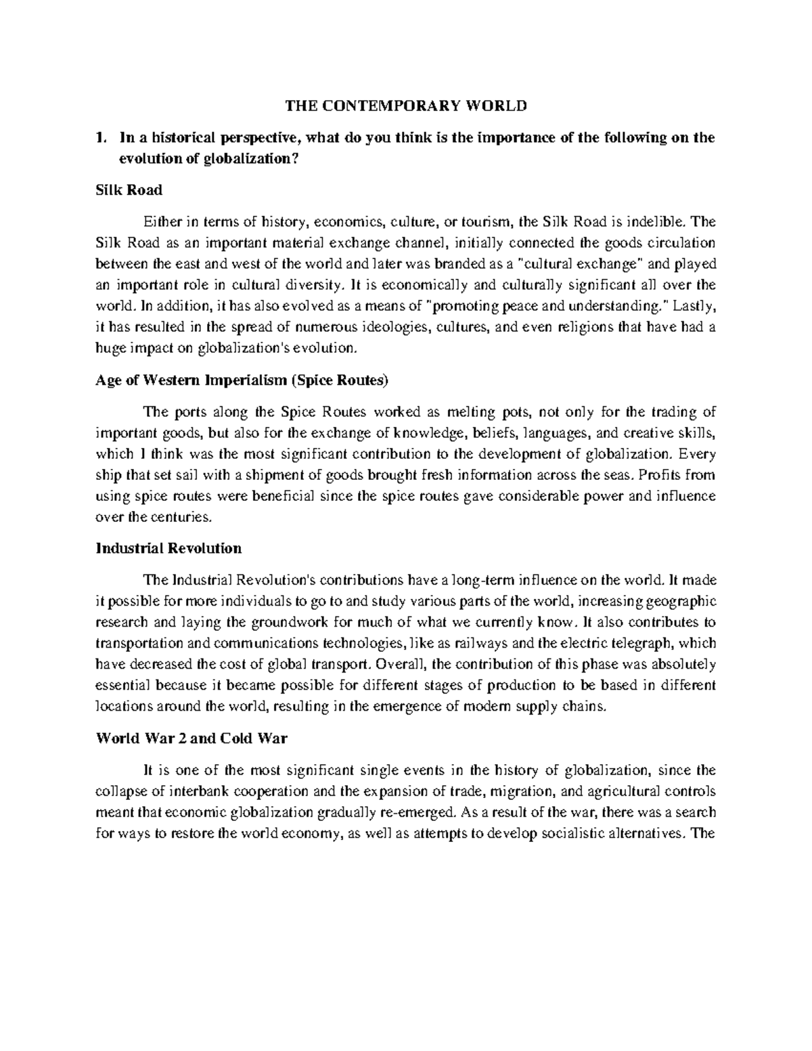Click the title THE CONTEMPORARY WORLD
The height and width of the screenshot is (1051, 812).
(x=405, y=106)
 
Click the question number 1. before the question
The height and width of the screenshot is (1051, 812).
(x=101, y=138)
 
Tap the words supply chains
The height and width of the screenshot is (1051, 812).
(x=567, y=707)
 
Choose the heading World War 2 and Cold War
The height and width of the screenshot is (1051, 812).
(x=191, y=738)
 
